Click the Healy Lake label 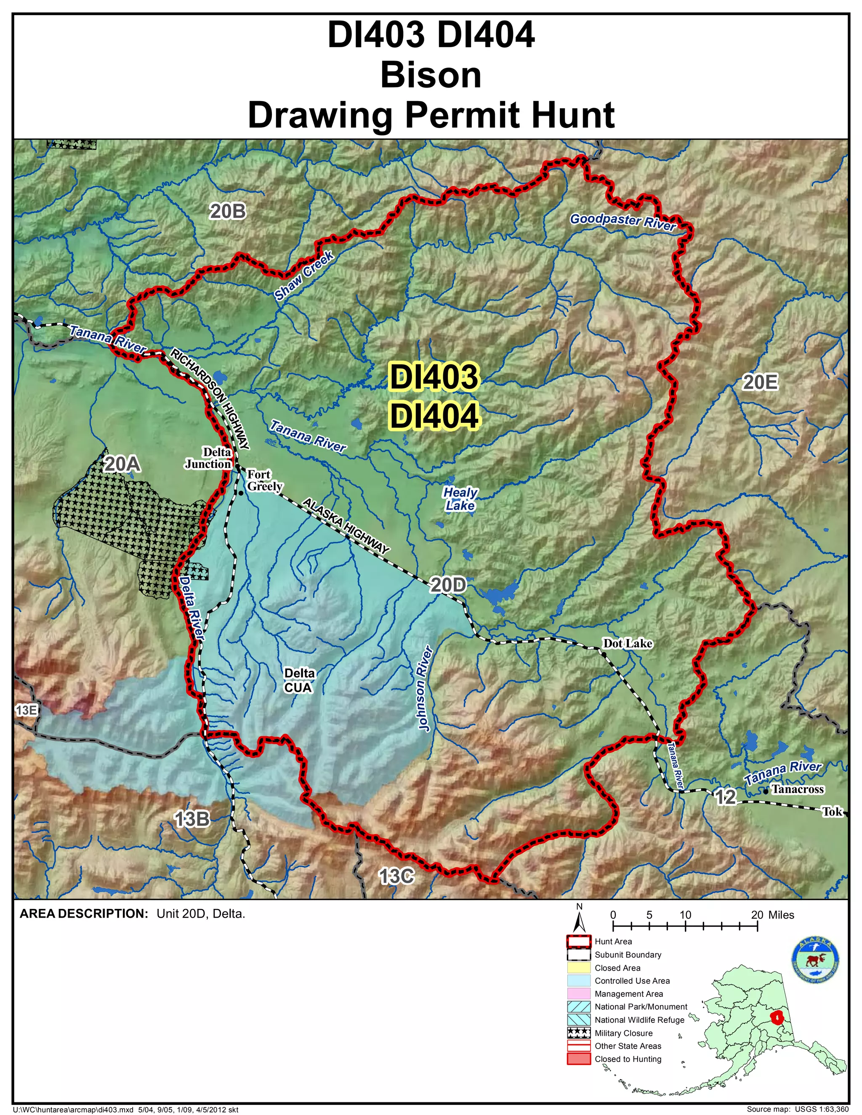(460, 499)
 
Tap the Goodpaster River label (623, 222)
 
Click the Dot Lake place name (627, 643)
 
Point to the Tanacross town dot (765, 791)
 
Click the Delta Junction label (208, 458)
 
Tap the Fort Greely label (264, 480)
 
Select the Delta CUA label (299, 680)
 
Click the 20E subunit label (760, 382)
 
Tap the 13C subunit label (396, 876)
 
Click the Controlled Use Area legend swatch (579, 981)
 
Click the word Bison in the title (431, 75)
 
